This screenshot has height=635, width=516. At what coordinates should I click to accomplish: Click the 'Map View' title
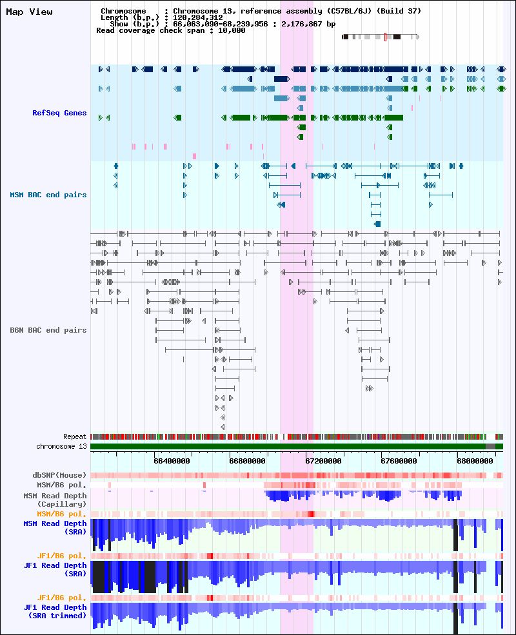tap(29, 12)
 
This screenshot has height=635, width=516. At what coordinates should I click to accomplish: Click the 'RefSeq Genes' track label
tap(59, 113)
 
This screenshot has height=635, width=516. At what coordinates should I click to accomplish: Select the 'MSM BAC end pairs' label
tap(48, 195)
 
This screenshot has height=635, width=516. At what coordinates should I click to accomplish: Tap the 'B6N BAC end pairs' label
tap(48, 330)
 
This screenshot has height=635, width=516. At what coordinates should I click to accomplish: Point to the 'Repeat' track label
tap(75, 436)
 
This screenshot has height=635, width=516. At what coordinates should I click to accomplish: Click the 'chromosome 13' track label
tap(61, 446)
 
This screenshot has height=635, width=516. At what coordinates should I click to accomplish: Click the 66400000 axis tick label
tap(172, 461)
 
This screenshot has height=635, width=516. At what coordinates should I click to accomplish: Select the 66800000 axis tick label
tap(248, 461)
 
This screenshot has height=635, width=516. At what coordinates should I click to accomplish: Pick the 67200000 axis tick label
tap(323, 461)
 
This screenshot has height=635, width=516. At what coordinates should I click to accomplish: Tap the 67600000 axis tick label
tap(399, 461)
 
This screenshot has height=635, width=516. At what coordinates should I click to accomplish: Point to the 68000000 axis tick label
tap(475, 461)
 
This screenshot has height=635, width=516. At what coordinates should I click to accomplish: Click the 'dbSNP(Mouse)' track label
tap(59, 475)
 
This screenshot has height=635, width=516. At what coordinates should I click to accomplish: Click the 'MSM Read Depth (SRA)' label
tap(55, 528)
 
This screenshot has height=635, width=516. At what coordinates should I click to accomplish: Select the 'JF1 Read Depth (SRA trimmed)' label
tap(55, 612)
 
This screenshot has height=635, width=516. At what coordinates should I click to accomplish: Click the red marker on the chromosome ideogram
tap(385, 37)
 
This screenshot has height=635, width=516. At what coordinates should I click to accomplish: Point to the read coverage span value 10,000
tap(232, 30)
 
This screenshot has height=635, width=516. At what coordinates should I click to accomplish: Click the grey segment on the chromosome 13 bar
tap(490, 446)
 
